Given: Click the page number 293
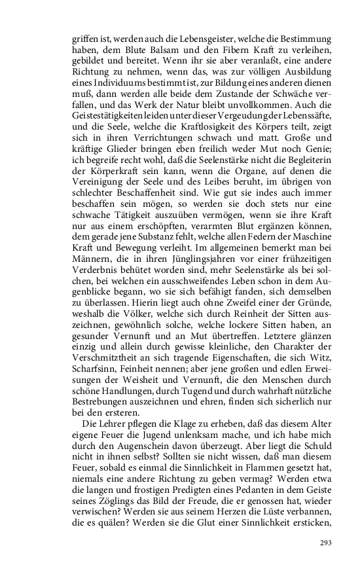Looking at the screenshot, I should [x=327, y=543].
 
